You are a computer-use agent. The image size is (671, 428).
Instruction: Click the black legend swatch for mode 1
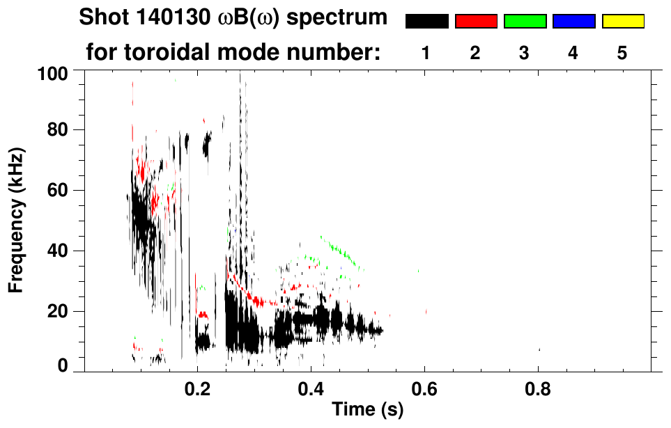click(x=427, y=22)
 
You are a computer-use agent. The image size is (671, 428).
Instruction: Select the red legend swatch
click(x=476, y=22)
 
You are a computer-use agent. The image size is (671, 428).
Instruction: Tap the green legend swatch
click(x=525, y=22)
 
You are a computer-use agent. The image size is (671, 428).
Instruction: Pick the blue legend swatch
click(x=573, y=22)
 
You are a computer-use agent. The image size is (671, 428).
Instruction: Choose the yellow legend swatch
click(x=622, y=22)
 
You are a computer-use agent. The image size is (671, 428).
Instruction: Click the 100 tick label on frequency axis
click(x=52, y=72)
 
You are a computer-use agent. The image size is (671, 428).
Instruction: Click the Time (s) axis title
click(x=367, y=410)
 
